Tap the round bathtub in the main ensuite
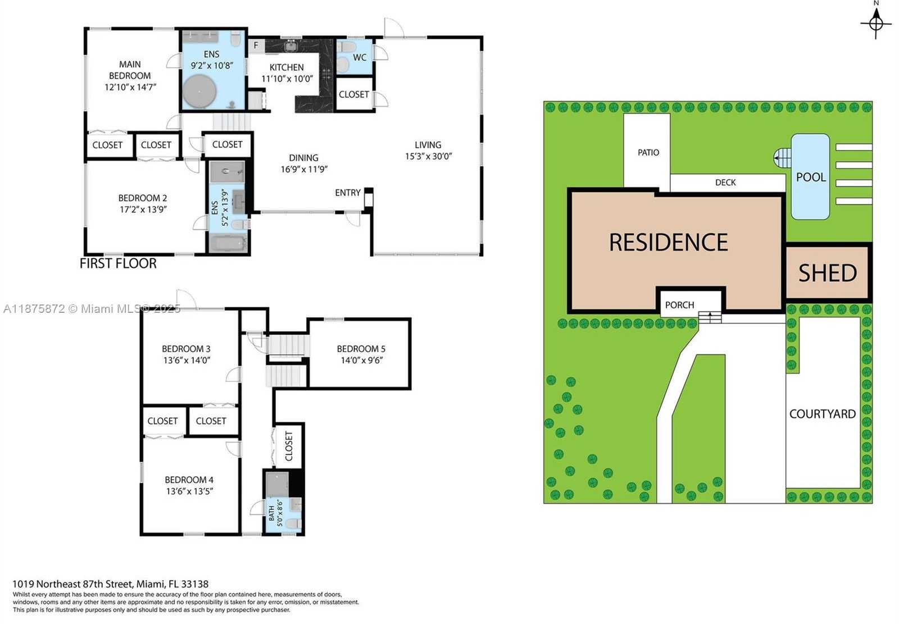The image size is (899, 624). [x=200, y=91]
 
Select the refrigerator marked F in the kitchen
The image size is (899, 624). [x=256, y=45]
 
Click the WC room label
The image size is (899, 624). [x=360, y=57]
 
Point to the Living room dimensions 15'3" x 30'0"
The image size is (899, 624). [x=428, y=156]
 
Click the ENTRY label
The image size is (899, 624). [x=348, y=193]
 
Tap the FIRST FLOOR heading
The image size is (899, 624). [x=118, y=263]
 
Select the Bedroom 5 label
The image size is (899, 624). [x=361, y=349]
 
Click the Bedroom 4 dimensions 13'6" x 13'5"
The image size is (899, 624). [x=189, y=491]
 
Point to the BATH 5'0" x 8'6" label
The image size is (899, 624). [x=276, y=513]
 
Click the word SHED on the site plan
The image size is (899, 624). [x=828, y=274]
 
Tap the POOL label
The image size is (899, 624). [x=811, y=177]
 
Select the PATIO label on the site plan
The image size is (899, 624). [x=648, y=152]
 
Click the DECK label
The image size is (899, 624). [x=725, y=183]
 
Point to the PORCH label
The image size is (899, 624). [x=679, y=305]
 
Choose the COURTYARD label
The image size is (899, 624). [x=823, y=414]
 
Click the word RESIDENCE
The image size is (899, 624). [x=669, y=243]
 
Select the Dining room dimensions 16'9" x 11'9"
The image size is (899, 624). [x=304, y=169]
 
